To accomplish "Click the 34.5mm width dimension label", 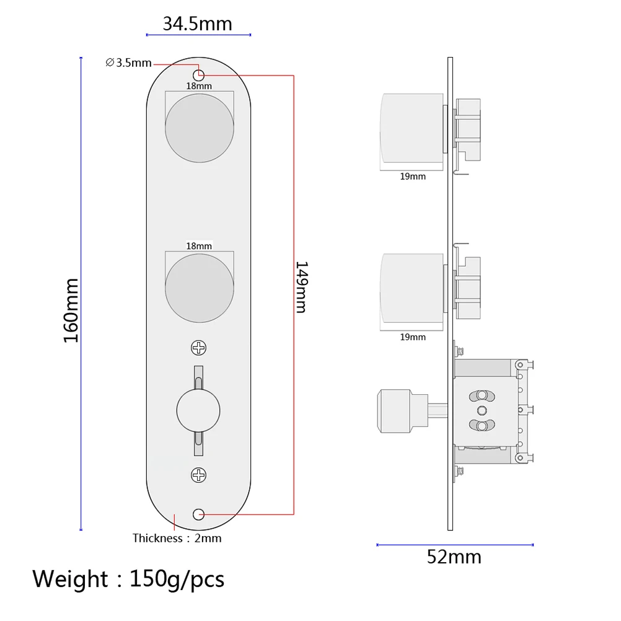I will point(197,24).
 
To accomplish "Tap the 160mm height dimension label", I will point(71,310).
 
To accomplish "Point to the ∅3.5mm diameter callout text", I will point(129,63).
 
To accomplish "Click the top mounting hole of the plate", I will point(199,73).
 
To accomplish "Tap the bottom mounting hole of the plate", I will point(199,514).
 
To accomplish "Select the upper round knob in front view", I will point(199,128).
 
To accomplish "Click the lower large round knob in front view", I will point(199,287).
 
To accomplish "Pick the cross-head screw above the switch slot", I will point(199,348).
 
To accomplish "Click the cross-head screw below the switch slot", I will point(199,475).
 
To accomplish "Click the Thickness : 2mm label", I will point(177,538).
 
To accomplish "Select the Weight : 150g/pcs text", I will point(128,579).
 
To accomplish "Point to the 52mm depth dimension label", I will point(454,557).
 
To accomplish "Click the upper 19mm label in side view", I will point(413,177).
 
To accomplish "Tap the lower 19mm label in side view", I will point(413,337).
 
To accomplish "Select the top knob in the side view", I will point(411,130).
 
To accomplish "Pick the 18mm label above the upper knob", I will point(199,86).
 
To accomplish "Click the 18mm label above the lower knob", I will point(199,246).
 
